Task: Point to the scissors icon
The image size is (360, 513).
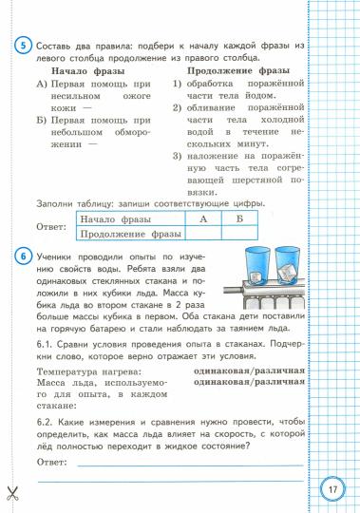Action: [12, 492]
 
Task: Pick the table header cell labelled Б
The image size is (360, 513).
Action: [239, 218]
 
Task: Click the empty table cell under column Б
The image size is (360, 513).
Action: [239, 233]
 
